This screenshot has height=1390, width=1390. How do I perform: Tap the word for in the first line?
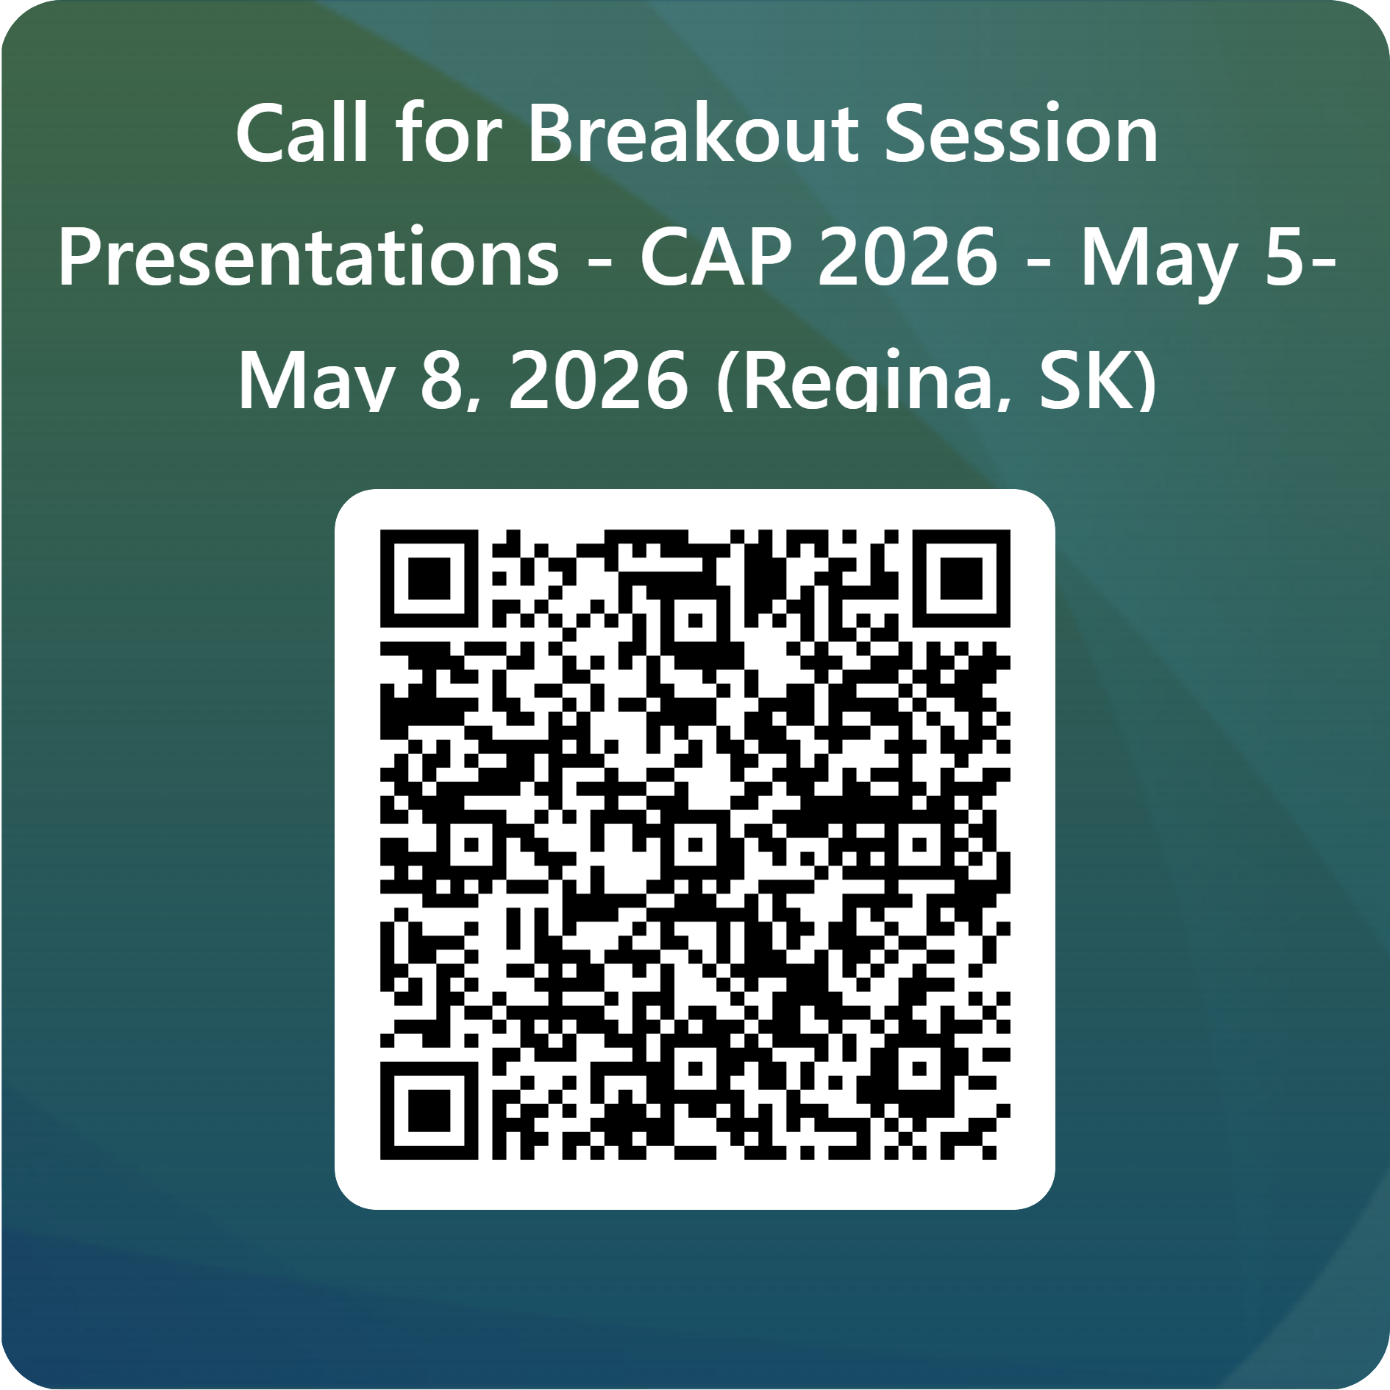449,134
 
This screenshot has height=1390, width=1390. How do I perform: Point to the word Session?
1020,134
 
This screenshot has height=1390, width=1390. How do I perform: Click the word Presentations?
309,257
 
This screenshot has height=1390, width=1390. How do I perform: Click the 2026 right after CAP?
908,257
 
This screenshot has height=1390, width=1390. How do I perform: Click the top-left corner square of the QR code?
429,579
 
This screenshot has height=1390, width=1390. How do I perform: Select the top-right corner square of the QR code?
960,579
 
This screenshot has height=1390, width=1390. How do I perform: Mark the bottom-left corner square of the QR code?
429,1111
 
